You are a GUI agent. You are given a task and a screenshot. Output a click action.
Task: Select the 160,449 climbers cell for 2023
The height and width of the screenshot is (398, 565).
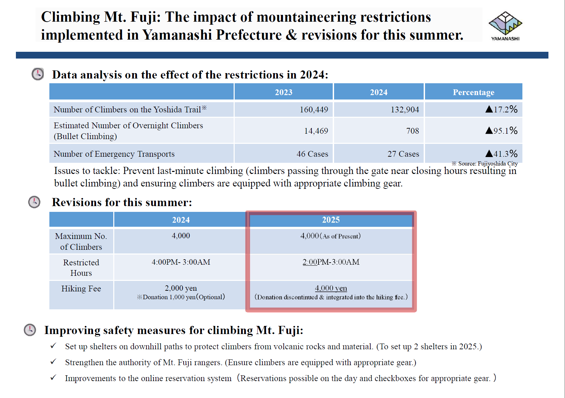314,109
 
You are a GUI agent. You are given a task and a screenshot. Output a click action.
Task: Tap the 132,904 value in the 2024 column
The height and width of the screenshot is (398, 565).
405,109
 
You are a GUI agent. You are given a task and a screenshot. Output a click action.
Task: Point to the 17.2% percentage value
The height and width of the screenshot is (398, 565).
501,109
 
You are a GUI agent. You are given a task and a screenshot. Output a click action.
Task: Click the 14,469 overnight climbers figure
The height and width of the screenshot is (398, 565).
316,131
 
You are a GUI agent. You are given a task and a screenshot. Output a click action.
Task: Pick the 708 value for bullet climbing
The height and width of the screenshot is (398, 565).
413,131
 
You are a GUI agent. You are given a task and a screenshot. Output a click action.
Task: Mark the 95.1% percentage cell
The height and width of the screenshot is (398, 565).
501,131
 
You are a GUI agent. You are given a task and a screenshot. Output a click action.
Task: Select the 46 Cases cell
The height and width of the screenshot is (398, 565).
312,154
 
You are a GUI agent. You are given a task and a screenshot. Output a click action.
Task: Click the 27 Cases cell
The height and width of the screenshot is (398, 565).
403,154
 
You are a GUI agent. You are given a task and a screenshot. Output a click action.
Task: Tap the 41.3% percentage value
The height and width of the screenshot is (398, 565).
501,154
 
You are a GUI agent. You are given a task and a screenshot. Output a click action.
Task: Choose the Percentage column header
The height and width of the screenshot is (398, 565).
473,92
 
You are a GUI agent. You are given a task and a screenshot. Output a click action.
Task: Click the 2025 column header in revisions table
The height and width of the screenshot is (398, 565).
331,220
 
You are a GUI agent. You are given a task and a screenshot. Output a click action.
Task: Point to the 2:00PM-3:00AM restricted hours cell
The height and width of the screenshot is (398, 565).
331,262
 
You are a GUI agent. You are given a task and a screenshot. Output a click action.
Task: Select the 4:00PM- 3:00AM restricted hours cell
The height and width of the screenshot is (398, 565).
181,262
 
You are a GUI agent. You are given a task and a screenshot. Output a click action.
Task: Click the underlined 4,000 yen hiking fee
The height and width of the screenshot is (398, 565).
331,288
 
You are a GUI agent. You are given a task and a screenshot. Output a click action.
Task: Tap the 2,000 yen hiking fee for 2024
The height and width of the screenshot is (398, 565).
181,288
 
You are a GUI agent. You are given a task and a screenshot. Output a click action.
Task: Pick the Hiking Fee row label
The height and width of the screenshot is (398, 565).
81,288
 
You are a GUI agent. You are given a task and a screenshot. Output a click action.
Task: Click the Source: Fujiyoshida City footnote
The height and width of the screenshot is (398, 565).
485,164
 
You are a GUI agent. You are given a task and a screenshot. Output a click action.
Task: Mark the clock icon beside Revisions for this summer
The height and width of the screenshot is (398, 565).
34,202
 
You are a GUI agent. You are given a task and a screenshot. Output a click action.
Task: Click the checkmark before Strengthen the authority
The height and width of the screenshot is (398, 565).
53,362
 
